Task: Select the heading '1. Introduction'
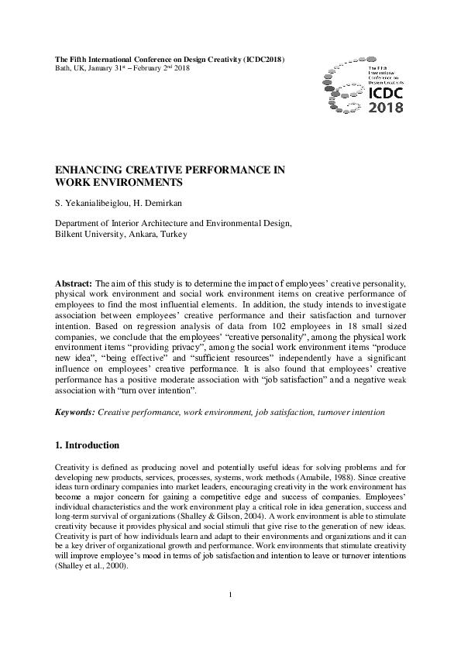pos(87,446)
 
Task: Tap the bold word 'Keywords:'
pos(75,414)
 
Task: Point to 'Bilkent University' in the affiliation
pos(86,234)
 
